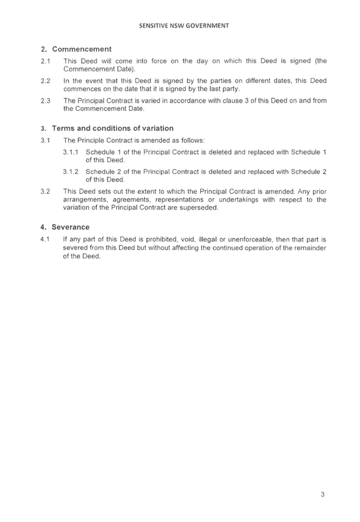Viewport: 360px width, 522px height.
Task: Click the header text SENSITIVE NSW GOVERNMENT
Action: click(184, 26)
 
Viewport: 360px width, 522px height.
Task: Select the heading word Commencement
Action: click(82, 49)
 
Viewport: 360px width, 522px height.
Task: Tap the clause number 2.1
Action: click(46, 61)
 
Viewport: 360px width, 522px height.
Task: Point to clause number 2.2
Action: click(46, 80)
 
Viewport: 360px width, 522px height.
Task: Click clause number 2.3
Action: click(46, 100)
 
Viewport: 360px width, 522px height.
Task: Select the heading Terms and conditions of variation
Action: click(113, 128)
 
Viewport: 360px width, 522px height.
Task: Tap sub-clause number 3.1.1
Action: click(70, 152)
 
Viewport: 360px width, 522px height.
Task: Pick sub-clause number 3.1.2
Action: click(70, 172)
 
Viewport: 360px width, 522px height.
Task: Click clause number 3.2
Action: click(46, 191)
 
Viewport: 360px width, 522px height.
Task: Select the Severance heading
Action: click(70, 227)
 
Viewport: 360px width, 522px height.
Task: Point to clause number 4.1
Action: click(45, 240)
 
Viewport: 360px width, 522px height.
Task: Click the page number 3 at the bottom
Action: click(323, 495)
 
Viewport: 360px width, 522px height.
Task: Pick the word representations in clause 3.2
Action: click(179, 200)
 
